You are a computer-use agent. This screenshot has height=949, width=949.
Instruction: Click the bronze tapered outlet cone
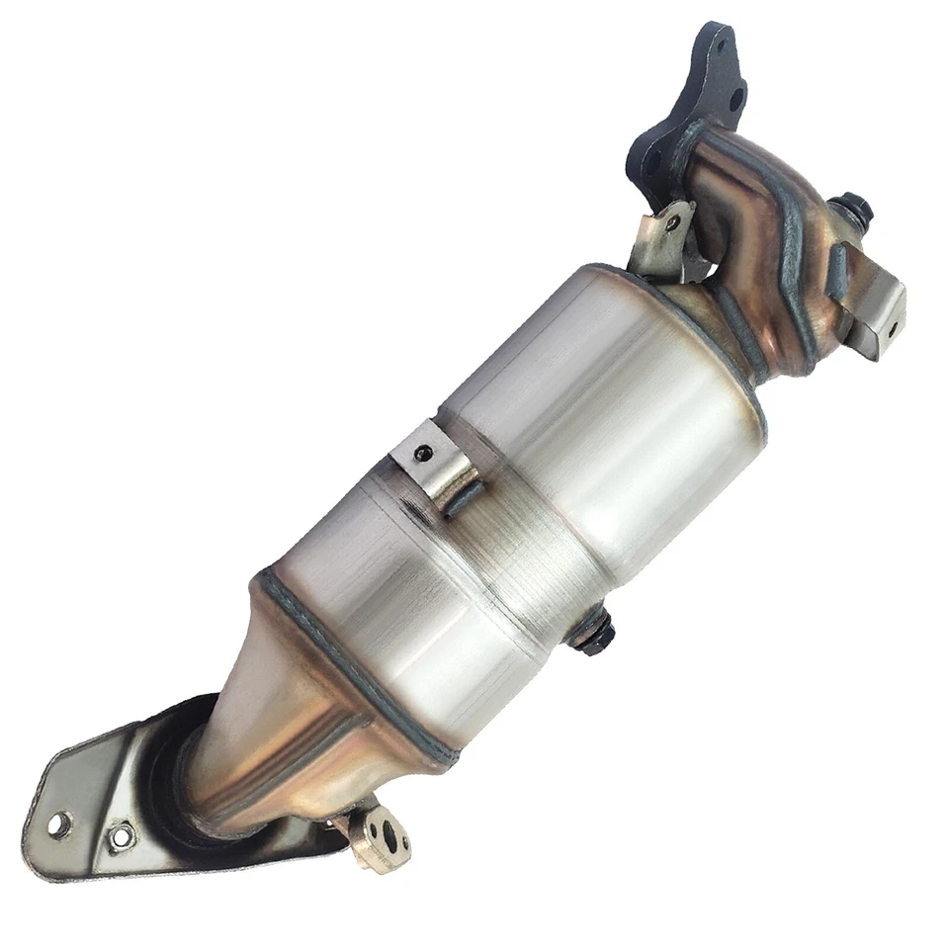[x=287, y=712]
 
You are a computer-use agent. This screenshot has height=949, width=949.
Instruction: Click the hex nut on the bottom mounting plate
[x=121, y=836]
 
